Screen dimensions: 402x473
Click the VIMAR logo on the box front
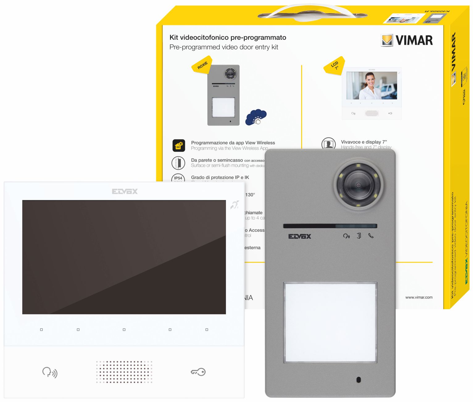coord(407,40)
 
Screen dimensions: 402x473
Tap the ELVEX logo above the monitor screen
coord(125,191)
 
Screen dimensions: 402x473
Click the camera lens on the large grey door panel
coord(358,185)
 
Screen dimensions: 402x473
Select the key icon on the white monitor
coord(198,372)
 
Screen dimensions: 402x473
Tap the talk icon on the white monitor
coord(50,372)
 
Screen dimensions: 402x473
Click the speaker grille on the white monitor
coord(124,372)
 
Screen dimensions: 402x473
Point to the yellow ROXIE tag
coord(202,64)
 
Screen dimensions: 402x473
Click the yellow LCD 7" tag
coord(334,65)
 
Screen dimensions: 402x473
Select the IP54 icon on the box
coord(178,178)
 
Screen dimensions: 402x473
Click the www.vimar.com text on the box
coord(419,297)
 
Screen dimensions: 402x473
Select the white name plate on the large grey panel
coord(330,322)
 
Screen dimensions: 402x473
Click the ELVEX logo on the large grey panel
coord(300,236)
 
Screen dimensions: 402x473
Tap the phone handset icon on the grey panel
coord(371,236)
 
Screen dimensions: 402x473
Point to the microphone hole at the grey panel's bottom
coord(359,380)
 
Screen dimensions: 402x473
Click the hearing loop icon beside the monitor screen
coord(234,205)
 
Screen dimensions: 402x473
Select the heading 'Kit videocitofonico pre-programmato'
coord(228,38)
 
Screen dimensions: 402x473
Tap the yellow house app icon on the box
coord(179,146)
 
